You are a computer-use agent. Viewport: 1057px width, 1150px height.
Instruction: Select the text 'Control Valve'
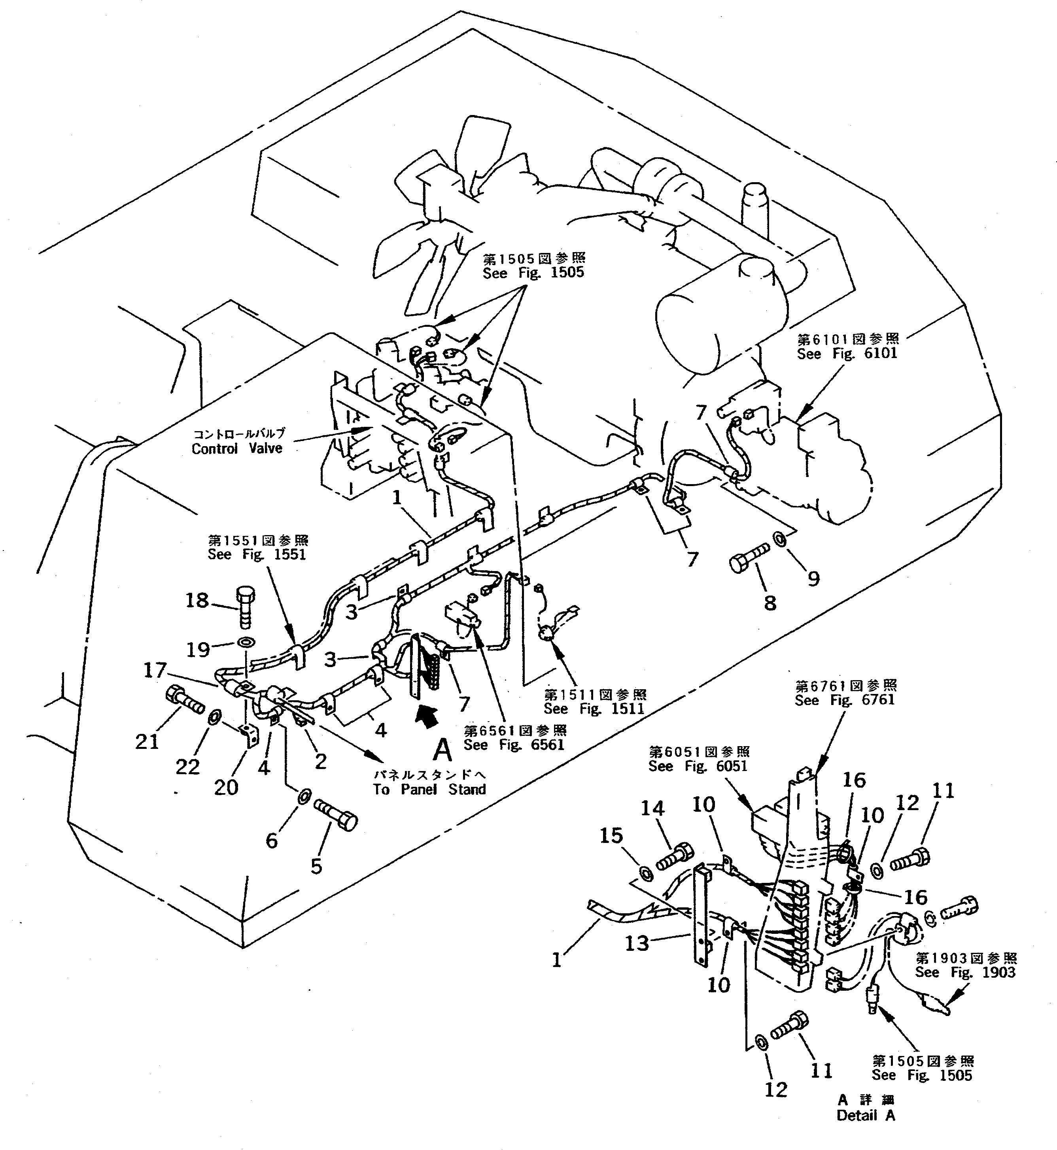click(237, 449)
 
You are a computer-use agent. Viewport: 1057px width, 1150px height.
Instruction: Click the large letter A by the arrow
click(442, 750)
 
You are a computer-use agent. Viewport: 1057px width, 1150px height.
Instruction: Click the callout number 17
click(155, 670)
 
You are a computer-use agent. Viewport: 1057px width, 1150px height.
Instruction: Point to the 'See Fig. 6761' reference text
click(844, 699)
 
